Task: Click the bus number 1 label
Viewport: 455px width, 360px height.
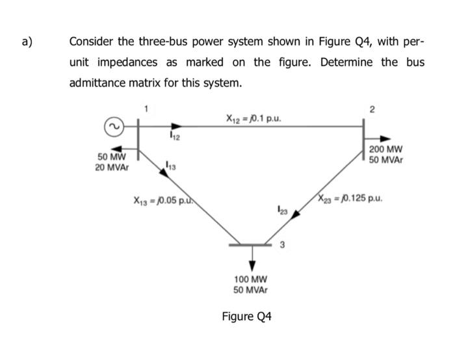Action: (146, 109)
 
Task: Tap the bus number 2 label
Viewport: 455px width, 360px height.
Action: (371, 110)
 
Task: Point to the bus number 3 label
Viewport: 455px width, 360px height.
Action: (281, 245)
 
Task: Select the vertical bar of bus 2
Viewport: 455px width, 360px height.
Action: (362, 138)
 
